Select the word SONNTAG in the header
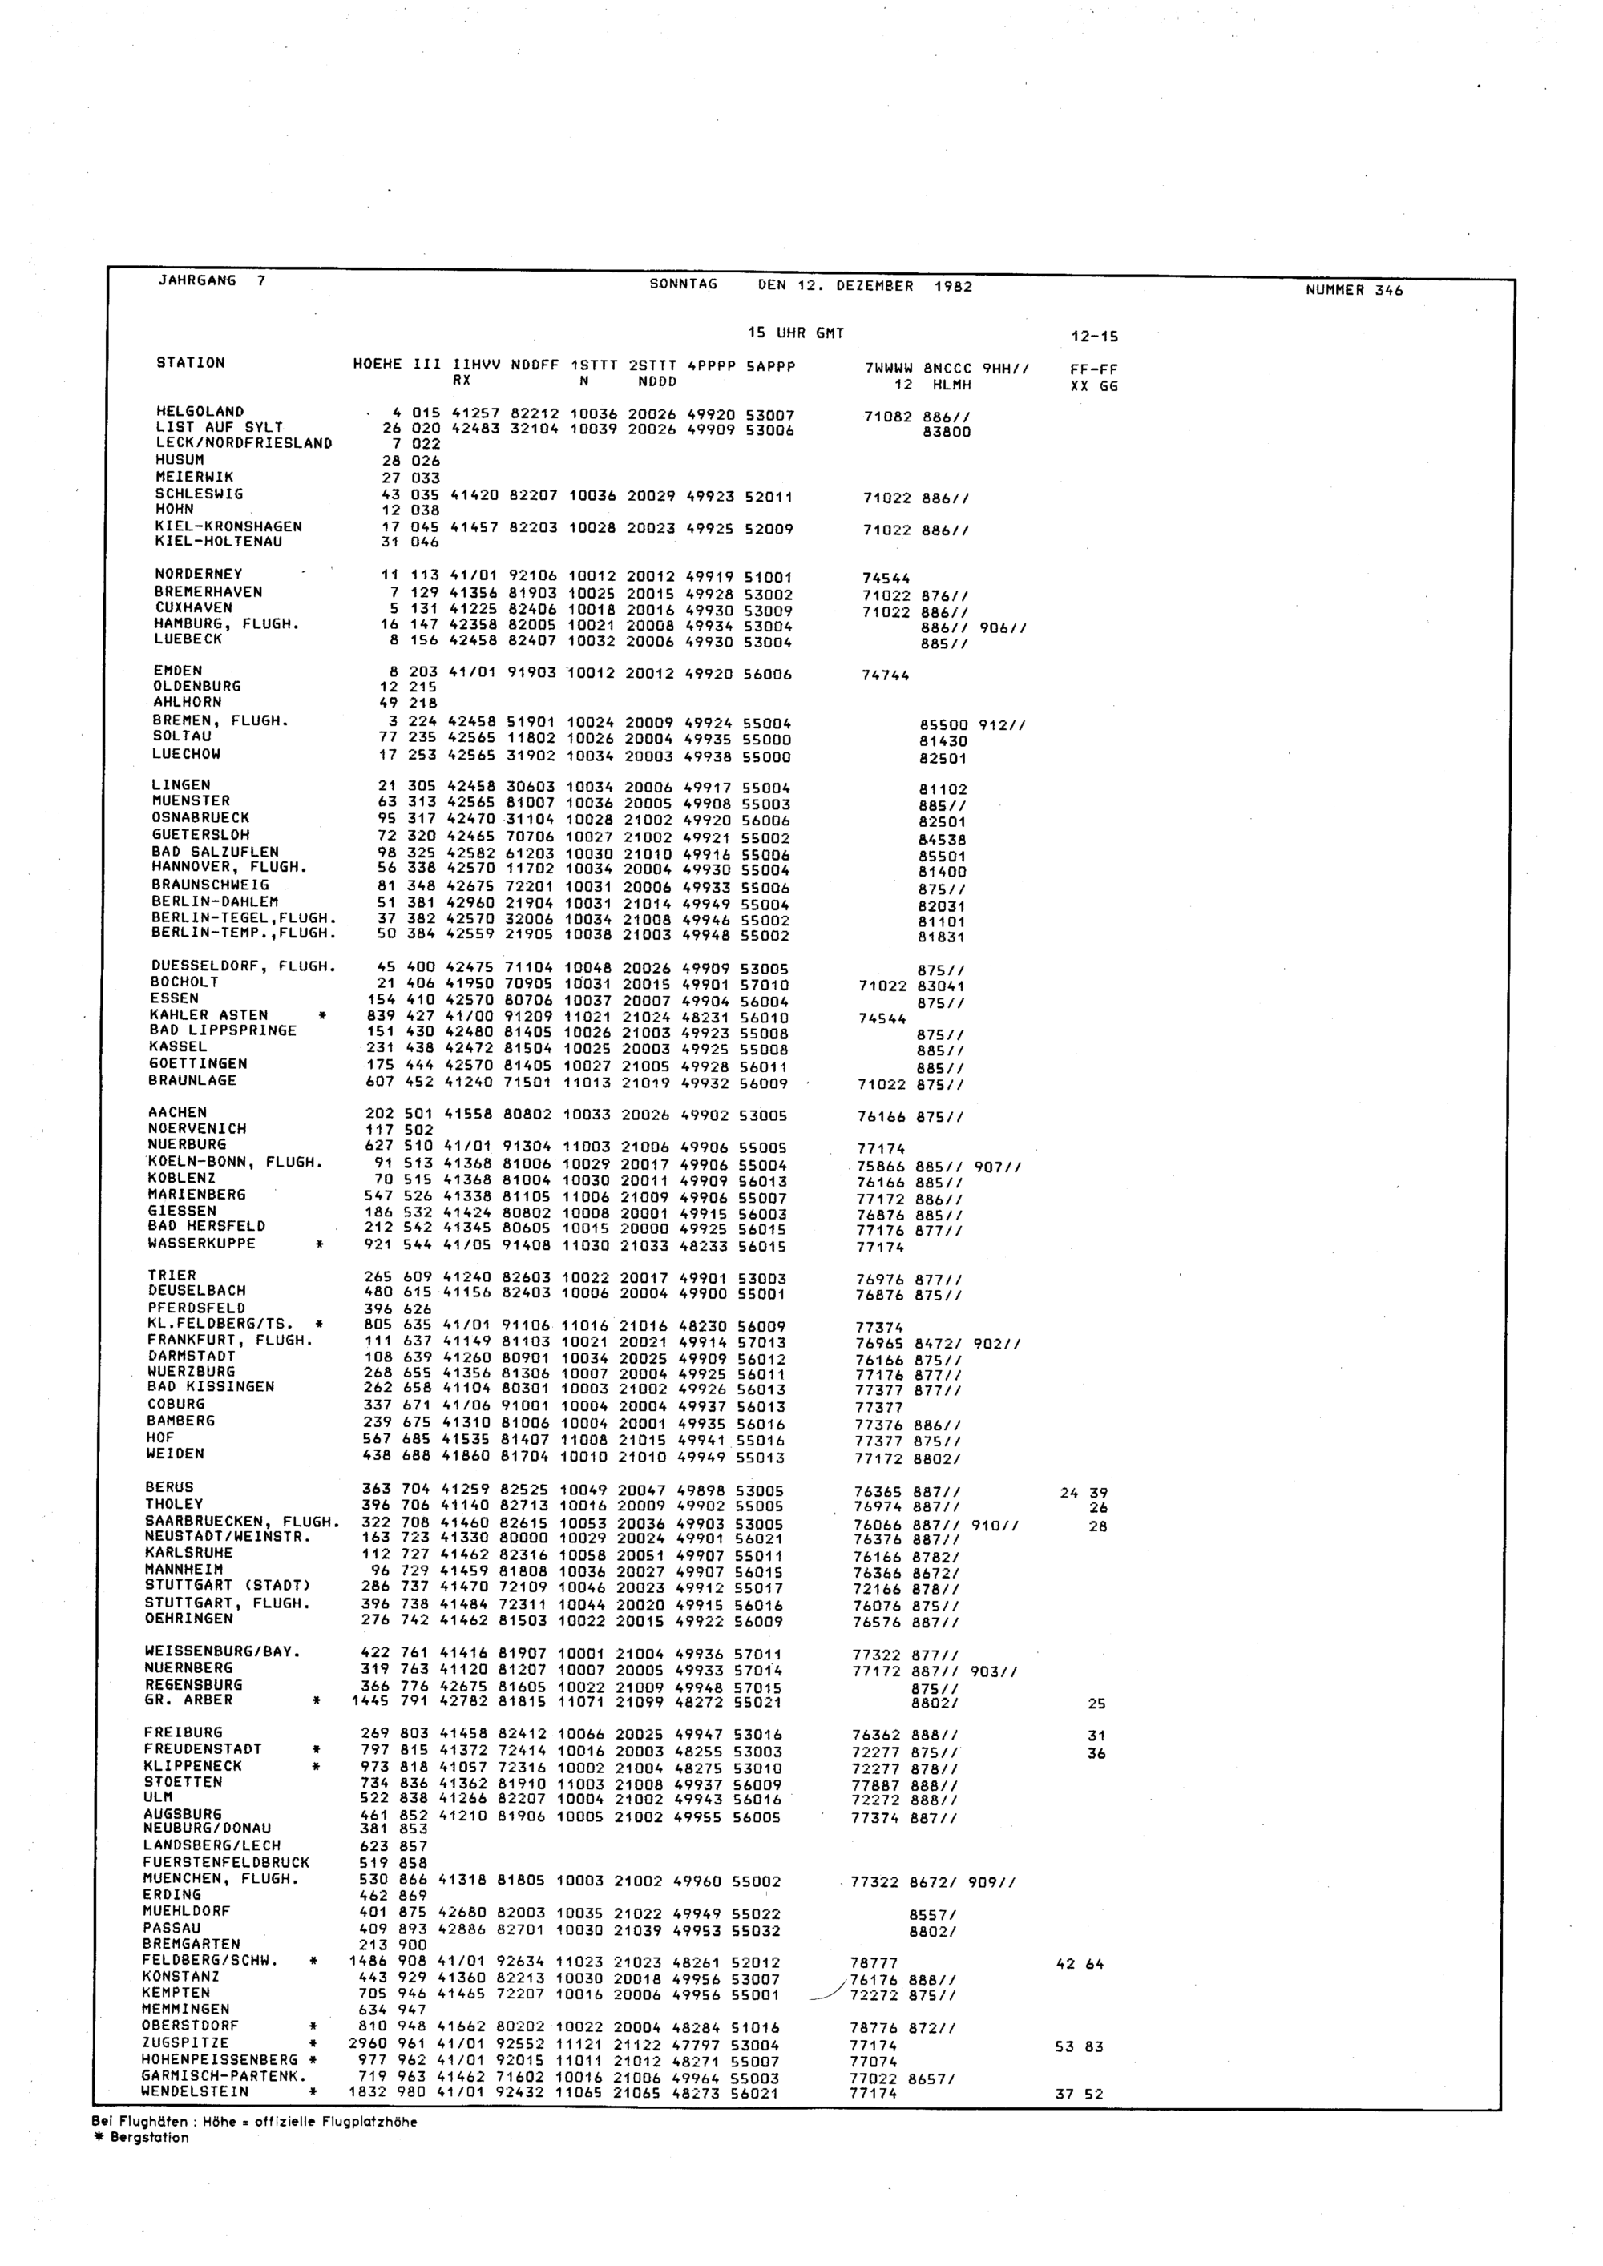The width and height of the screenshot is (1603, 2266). pos(683,284)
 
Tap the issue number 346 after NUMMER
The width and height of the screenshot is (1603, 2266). pos(1388,290)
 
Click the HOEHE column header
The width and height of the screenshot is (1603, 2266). pos(377,364)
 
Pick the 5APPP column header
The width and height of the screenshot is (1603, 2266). pos(770,366)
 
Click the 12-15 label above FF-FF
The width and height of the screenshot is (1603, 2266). pos(1094,337)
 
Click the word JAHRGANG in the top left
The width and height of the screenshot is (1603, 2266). pos(196,280)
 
